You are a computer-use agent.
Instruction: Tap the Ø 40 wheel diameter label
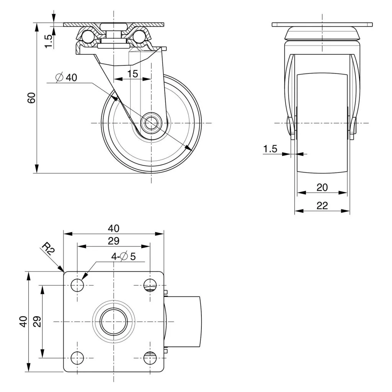(67, 77)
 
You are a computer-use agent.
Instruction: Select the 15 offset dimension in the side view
(133, 73)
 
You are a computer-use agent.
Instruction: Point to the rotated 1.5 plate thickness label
(49, 41)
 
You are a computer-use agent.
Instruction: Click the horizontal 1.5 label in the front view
(270, 149)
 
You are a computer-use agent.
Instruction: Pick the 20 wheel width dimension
(322, 187)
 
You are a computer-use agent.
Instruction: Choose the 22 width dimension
(322, 206)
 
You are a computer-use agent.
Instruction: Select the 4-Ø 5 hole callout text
(124, 256)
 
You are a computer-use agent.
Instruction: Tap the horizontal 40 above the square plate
(113, 228)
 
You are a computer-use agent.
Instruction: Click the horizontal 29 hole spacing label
(113, 241)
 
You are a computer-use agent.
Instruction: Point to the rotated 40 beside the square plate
(24, 321)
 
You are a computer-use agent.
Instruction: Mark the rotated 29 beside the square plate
(37, 321)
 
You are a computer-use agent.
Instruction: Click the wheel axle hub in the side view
(151, 123)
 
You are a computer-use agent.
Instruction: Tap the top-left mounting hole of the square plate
(78, 285)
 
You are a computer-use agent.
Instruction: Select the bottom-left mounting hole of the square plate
(78, 358)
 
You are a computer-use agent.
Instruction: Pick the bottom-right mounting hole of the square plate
(150, 358)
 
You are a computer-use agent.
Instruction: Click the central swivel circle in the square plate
(114, 321)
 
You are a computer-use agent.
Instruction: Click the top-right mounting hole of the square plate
(150, 285)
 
